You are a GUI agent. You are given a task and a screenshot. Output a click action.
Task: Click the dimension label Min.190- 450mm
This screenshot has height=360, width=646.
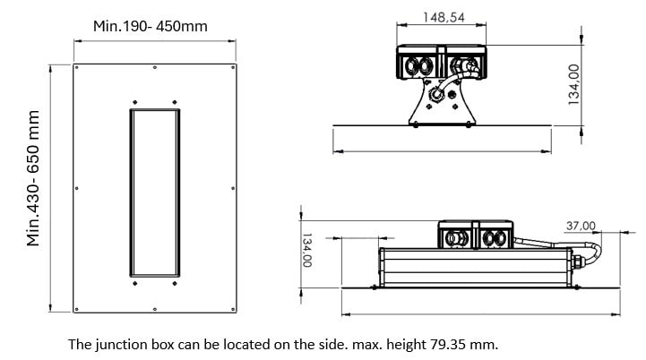click(x=150, y=26)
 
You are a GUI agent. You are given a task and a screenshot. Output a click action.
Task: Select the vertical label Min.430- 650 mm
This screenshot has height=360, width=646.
click(x=35, y=178)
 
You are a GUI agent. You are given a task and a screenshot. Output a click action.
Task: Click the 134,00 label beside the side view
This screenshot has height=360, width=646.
click(x=306, y=252)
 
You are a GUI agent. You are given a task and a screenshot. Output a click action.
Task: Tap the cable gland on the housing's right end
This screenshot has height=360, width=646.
click(x=579, y=261)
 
